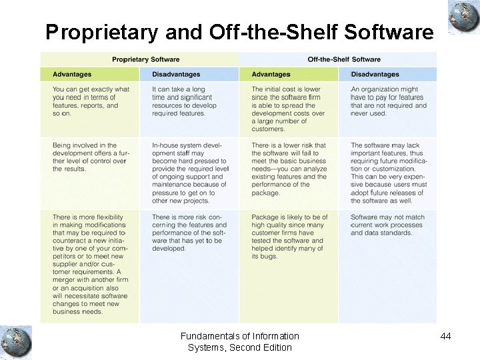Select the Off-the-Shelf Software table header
coord(344,59)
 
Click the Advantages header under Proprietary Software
coord(72,74)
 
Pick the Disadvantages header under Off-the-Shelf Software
coord(375,74)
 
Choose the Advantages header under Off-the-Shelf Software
coord(271,74)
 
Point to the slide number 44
coord(445,337)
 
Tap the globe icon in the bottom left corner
coord(15,341)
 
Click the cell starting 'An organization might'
coord(388,101)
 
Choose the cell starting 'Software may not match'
coord(388,225)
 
